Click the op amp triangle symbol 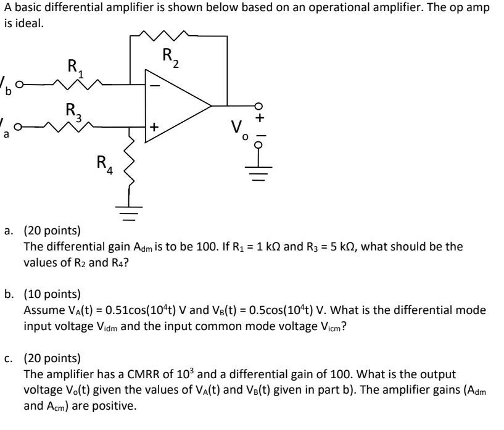coord(176,105)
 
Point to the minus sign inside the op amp coord(155,85)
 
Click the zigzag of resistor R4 coord(129,165)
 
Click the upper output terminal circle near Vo coord(258,105)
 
